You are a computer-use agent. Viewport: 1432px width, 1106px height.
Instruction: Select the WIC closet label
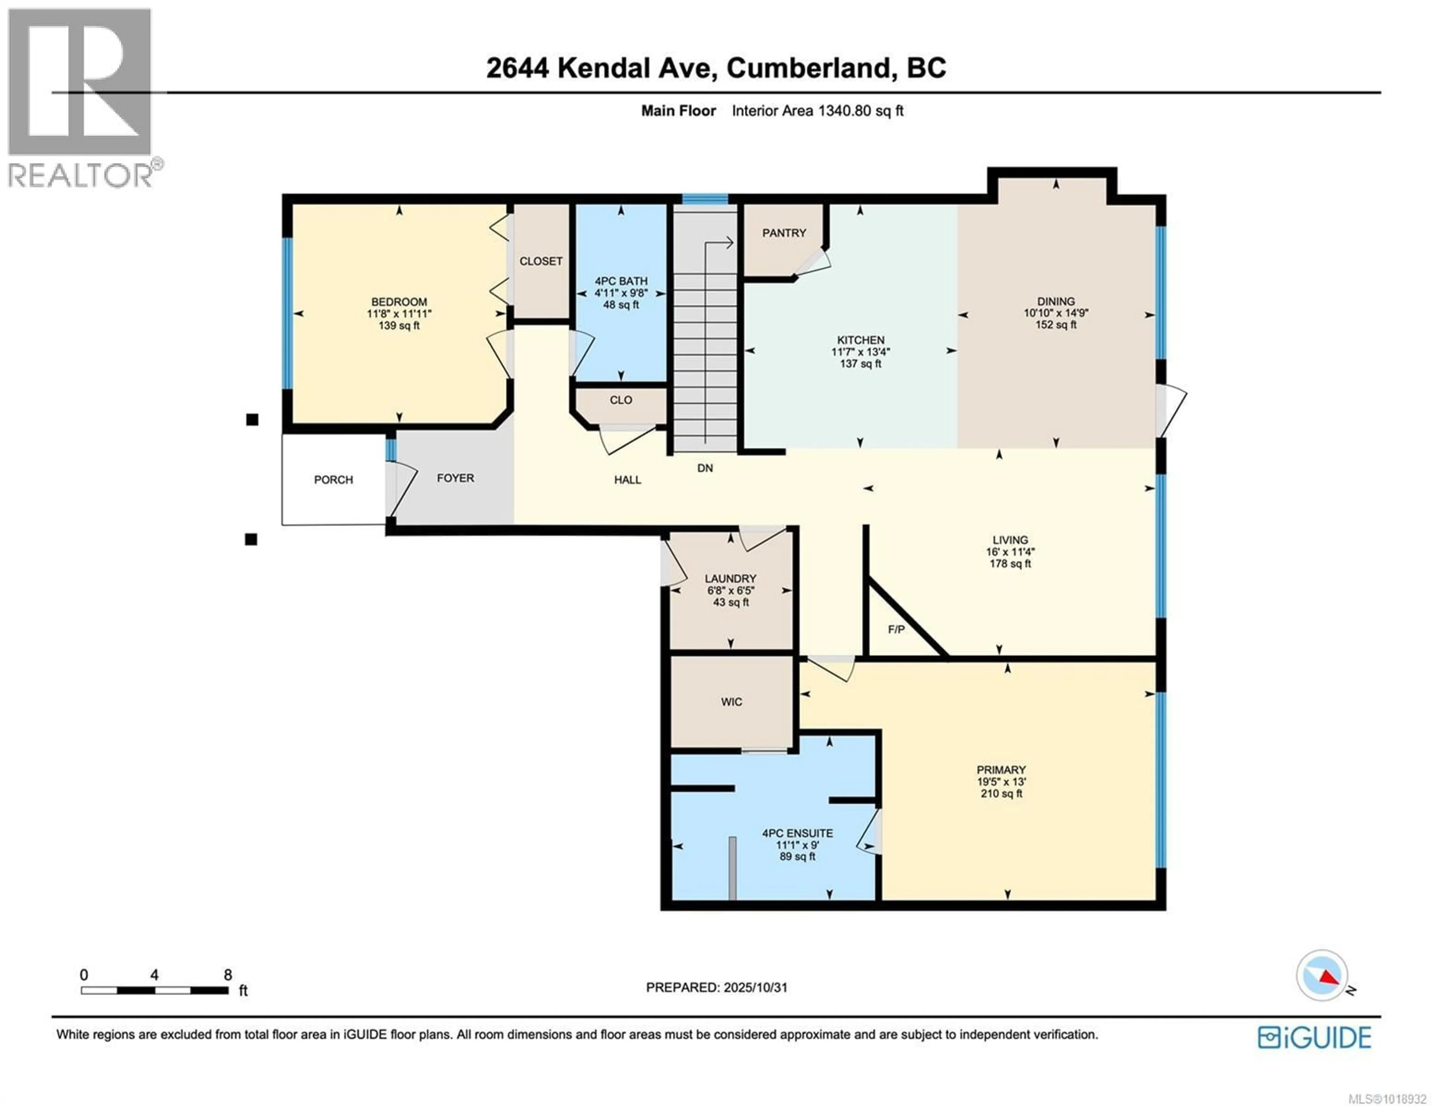click(731, 702)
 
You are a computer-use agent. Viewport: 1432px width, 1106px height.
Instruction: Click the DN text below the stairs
click(705, 468)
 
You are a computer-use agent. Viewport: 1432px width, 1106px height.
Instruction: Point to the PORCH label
click(333, 480)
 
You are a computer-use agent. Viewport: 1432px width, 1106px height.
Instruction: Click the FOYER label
click(455, 478)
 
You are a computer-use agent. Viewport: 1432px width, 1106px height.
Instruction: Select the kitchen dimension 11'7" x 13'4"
click(860, 352)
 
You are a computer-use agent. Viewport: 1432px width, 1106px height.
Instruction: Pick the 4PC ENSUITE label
click(797, 833)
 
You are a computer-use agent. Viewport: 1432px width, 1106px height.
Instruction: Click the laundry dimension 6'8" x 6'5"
click(731, 590)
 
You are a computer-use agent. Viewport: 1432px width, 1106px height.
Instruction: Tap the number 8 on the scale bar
click(227, 975)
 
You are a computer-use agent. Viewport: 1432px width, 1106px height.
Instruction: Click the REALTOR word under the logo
click(80, 175)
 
